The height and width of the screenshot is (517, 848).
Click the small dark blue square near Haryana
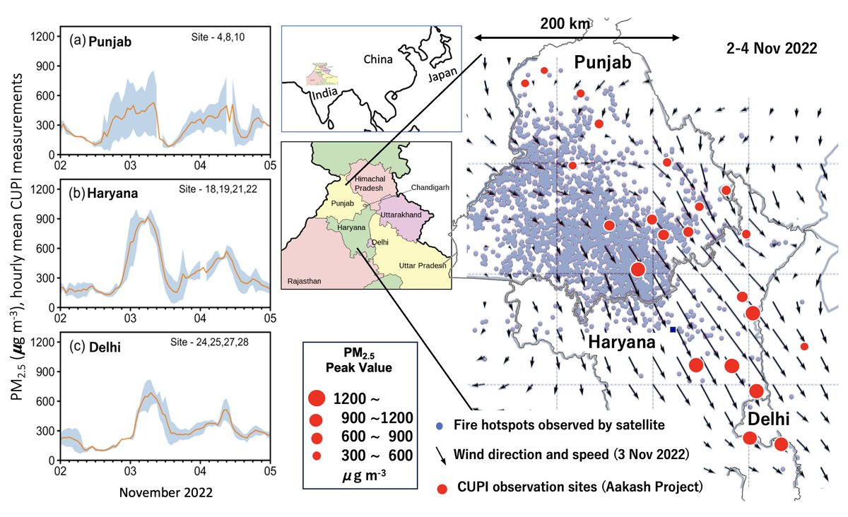coord(673,330)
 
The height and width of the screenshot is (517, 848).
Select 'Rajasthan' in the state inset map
coord(304,281)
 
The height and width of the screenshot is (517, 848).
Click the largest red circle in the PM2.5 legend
coord(317,398)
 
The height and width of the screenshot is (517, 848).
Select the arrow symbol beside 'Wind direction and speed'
coord(441,455)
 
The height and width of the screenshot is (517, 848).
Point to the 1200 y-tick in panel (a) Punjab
coord(44,34)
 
